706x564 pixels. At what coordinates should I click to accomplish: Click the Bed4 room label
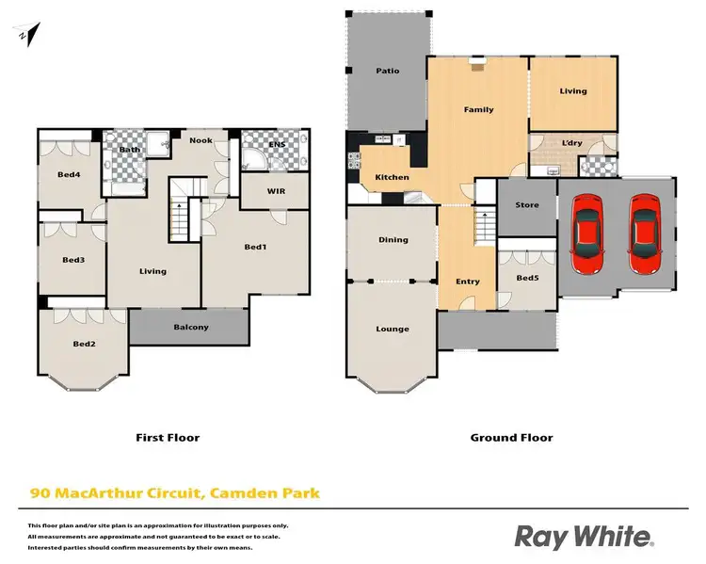(x=68, y=174)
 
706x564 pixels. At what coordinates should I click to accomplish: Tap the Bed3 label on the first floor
(x=73, y=260)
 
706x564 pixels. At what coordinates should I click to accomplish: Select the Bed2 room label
(x=85, y=344)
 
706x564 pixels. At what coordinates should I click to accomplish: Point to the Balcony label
(x=191, y=327)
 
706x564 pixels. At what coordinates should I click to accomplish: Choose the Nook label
(x=201, y=140)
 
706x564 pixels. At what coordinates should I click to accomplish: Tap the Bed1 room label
(x=255, y=247)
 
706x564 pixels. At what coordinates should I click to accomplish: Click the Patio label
(x=389, y=70)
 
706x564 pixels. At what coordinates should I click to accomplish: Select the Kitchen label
(x=392, y=177)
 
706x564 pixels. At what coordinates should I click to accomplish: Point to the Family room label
(x=478, y=109)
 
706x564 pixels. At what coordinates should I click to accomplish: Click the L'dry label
(x=572, y=142)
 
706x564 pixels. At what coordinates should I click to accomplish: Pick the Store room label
(x=527, y=204)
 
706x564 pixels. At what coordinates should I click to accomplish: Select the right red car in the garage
(x=645, y=228)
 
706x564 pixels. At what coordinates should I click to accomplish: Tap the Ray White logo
(x=584, y=537)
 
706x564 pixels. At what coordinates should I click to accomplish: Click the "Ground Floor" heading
(x=511, y=437)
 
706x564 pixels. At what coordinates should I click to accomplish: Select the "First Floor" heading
(x=168, y=437)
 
